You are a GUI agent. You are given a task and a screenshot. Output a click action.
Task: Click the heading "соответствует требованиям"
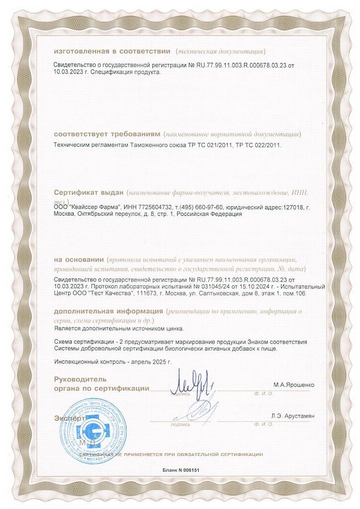pyautogui.click(x=106, y=134)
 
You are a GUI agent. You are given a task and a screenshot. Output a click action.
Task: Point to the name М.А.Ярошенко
pyautogui.click(x=293, y=385)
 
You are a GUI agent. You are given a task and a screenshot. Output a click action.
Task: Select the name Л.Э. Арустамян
pyautogui.click(x=293, y=416)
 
